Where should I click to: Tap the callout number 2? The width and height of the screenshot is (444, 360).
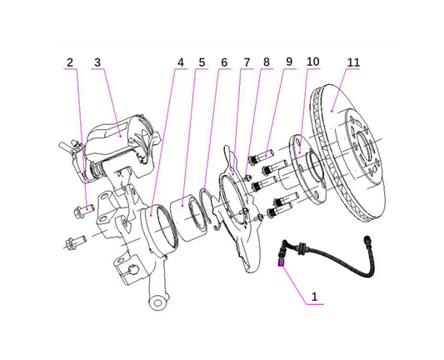pyautogui.click(x=70, y=62)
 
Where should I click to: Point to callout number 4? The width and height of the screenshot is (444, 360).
pyautogui.click(x=180, y=62)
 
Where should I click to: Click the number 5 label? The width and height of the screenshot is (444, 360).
pyautogui.click(x=202, y=62)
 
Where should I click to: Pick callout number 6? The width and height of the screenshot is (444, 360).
pyautogui.click(x=223, y=62)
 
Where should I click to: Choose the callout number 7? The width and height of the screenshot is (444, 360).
pyautogui.click(x=246, y=62)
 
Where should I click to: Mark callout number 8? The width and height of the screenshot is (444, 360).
pyautogui.click(x=267, y=62)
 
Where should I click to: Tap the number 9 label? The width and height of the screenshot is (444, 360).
pyautogui.click(x=288, y=62)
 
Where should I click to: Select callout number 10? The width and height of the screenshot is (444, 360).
pyautogui.click(x=312, y=62)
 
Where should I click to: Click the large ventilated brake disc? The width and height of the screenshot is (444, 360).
pyautogui.click(x=358, y=167)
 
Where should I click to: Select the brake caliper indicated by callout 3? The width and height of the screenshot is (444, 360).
pyautogui.click(x=121, y=142)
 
